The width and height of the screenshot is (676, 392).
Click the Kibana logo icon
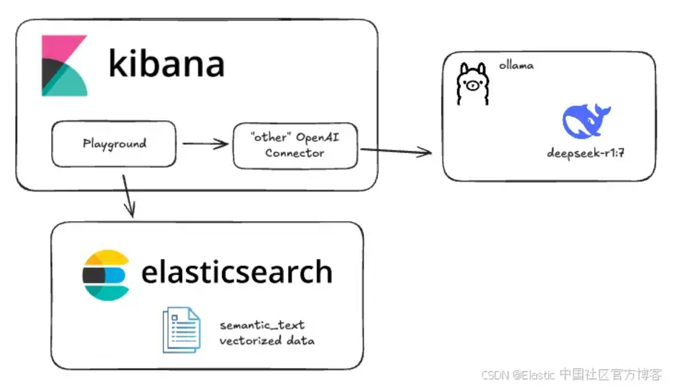65,66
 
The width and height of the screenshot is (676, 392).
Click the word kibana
167,64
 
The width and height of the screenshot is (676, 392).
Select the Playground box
114,144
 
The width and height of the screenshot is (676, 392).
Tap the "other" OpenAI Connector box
295,145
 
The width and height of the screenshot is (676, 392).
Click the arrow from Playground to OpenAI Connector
205,143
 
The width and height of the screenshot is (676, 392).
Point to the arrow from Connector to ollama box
396,151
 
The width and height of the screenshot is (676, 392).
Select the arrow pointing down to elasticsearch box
129,196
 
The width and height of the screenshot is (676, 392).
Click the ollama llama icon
473,84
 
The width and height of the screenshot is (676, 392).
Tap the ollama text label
516,66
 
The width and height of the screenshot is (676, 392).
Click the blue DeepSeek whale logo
586,121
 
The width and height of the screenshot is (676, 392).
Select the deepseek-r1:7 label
586,153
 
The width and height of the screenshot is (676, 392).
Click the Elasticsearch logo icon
106,275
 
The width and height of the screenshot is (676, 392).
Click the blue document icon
182,330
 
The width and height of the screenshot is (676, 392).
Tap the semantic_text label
262,325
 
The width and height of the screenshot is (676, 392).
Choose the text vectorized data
267,341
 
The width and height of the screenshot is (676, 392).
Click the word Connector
295,153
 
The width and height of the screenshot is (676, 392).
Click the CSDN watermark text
572,374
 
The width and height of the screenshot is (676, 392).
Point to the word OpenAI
318,137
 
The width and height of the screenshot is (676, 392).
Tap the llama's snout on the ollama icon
473,86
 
